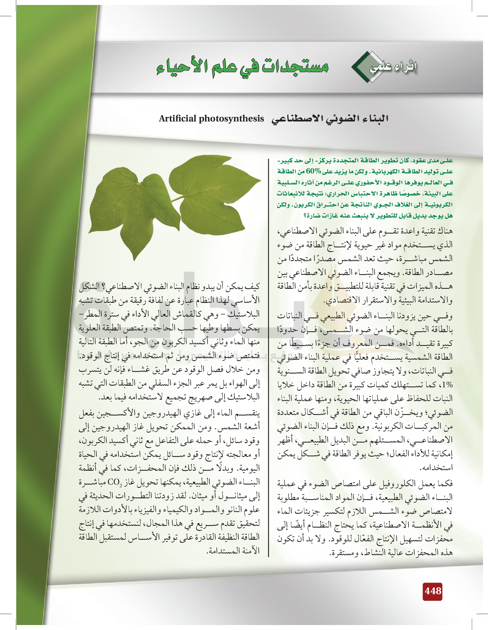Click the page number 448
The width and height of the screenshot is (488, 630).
click(x=432, y=591)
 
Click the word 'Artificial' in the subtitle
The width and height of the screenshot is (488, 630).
click(x=177, y=118)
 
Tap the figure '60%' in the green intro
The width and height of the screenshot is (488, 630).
click(x=313, y=171)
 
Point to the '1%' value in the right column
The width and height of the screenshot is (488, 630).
click(x=447, y=385)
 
